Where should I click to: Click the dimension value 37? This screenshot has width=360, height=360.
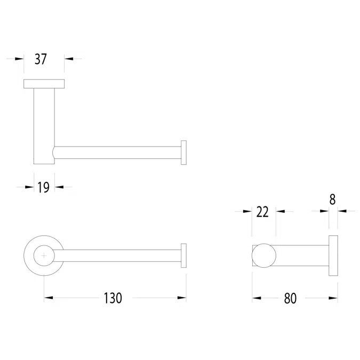click(x=41, y=59)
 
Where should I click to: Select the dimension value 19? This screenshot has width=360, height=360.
click(x=44, y=187)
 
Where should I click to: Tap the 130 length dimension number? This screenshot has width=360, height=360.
click(x=113, y=298)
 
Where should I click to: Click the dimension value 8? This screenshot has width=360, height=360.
click(x=332, y=199)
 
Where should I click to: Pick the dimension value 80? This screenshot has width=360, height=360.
click(x=290, y=298)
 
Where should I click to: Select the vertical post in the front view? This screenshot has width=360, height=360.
click(x=44, y=123)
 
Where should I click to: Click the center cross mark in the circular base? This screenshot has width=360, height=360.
click(x=44, y=256)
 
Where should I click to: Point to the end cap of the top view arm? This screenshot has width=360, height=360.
click(x=183, y=255)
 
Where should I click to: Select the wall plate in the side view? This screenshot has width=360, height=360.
click(x=333, y=255)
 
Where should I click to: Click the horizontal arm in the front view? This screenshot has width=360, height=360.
click(x=117, y=152)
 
